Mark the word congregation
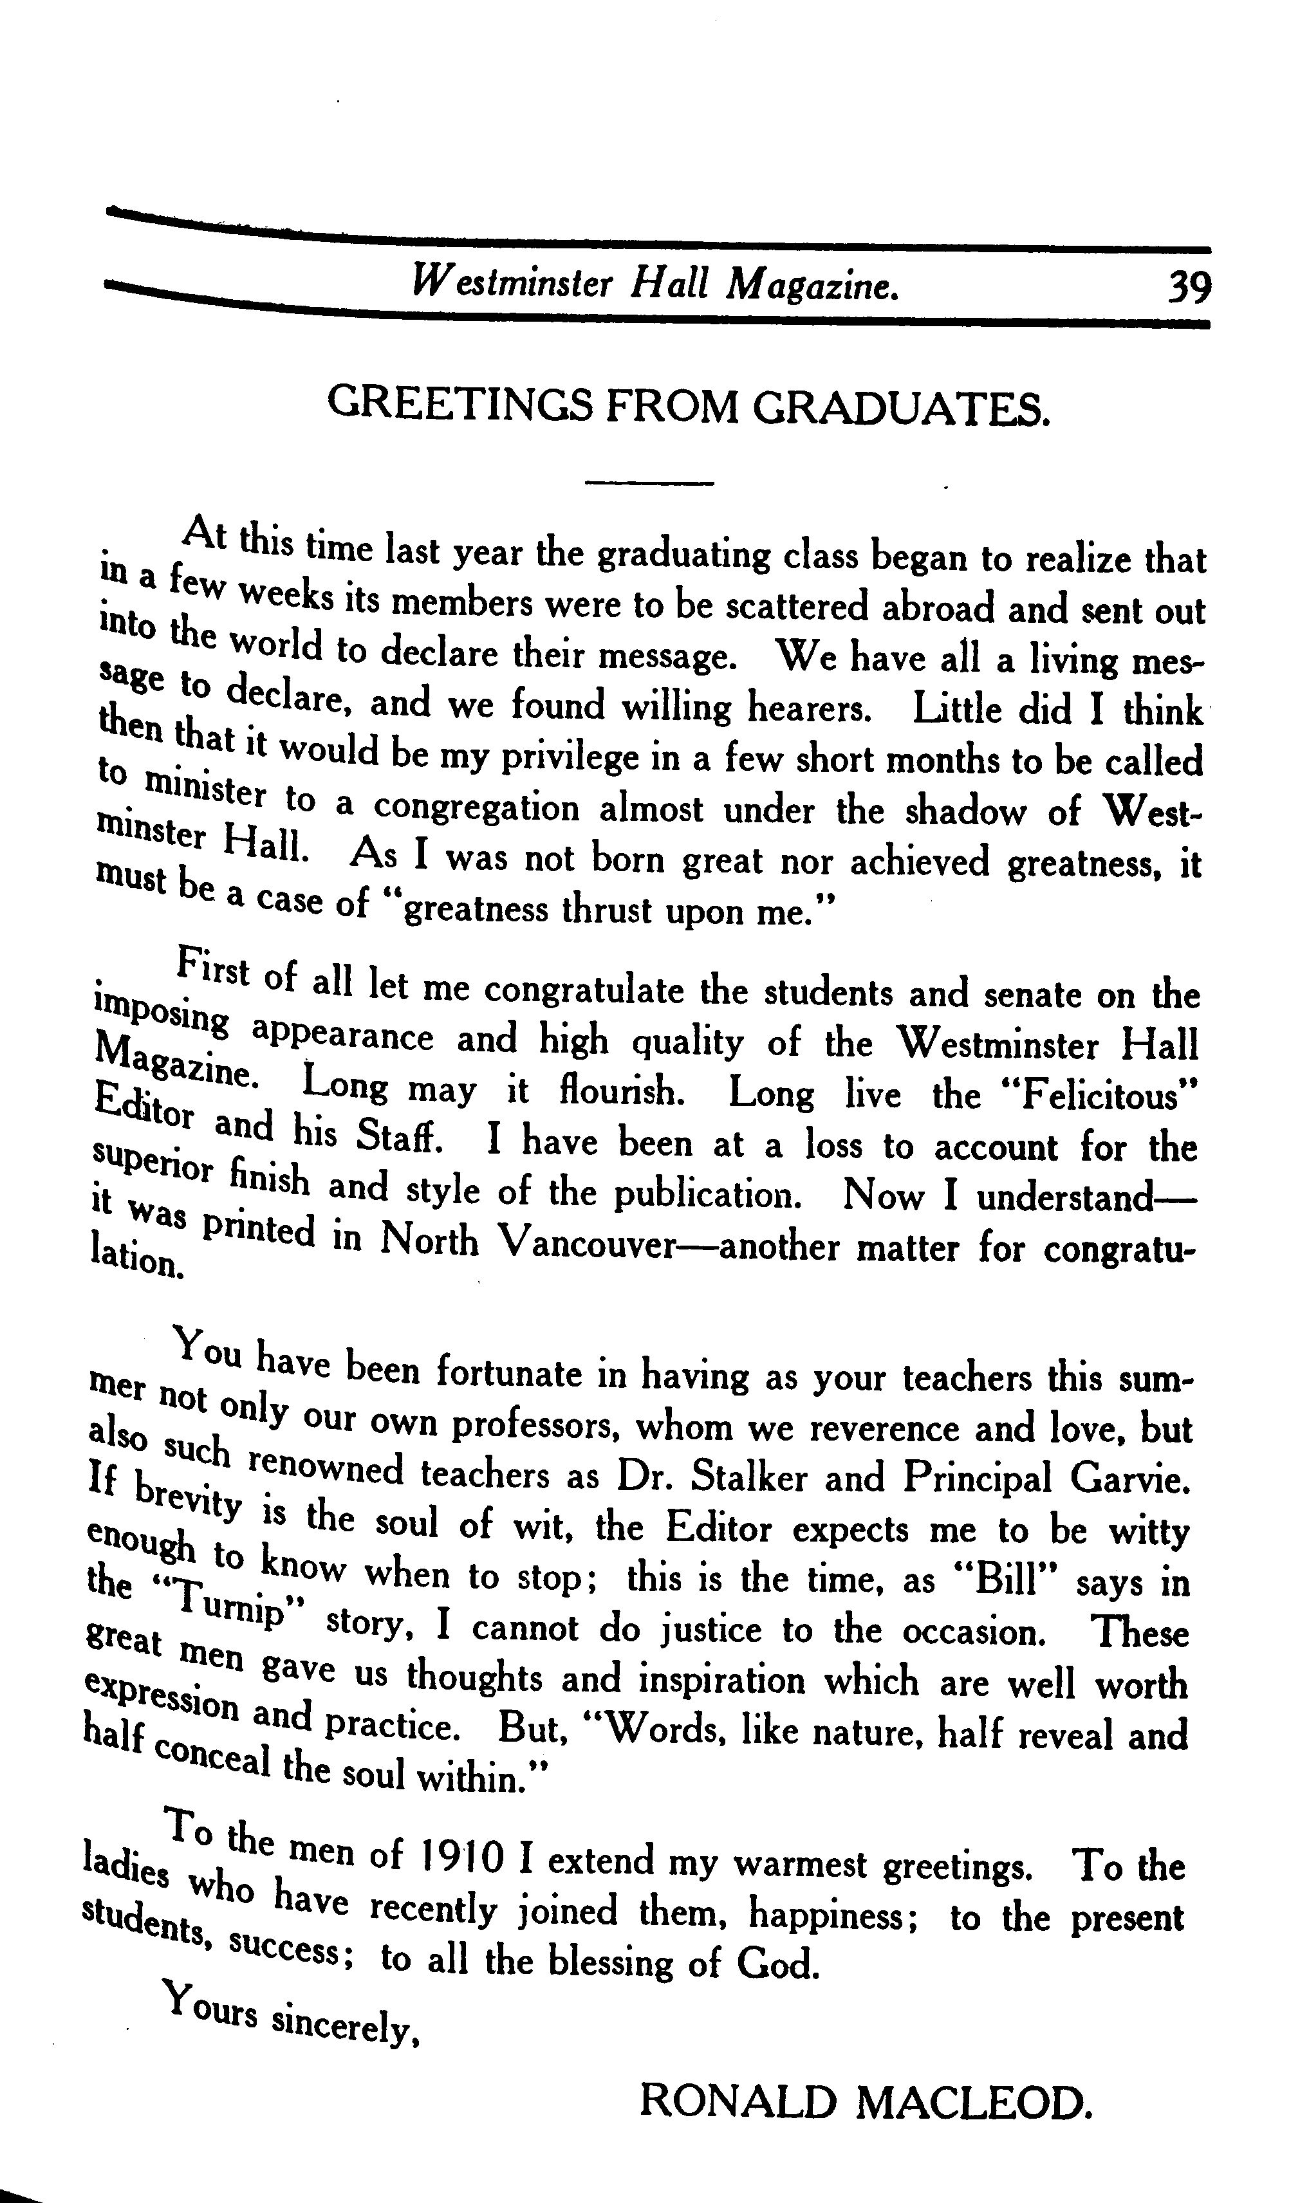(x=476, y=807)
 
